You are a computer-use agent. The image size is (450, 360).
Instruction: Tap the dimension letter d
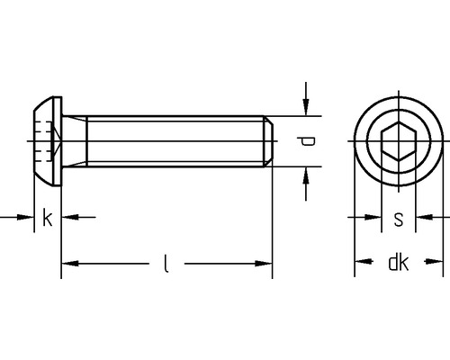(308, 141)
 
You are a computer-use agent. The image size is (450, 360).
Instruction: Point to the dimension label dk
(398, 263)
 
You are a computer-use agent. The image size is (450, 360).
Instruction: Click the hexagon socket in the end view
(398, 141)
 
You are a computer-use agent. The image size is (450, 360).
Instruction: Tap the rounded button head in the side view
(42, 141)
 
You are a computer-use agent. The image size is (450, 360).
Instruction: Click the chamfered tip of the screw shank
(268, 141)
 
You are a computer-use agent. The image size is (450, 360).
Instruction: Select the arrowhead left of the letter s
(370, 217)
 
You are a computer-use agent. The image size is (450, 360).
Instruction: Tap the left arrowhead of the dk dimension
(362, 263)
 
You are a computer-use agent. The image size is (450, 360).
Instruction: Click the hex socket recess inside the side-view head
(50, 141)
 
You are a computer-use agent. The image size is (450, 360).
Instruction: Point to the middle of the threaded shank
(166, 141)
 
